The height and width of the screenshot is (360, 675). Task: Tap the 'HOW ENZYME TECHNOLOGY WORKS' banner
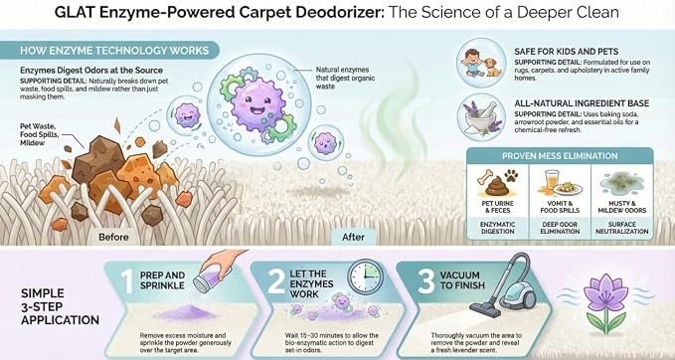109,51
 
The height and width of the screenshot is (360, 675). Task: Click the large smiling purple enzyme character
256,102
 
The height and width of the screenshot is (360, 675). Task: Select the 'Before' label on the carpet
113,237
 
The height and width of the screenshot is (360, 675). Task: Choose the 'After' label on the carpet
353,237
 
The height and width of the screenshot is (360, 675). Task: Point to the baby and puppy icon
481,64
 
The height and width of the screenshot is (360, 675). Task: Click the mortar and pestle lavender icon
481,116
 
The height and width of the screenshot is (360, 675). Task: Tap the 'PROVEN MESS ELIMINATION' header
560,156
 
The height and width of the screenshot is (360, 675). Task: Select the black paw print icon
511,175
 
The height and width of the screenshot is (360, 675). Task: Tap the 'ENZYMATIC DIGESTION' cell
497,228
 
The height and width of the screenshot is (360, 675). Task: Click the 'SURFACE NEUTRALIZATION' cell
621,228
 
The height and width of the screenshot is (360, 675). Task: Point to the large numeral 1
126,280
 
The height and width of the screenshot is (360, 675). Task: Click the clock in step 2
365,276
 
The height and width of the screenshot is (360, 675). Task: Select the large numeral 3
426,280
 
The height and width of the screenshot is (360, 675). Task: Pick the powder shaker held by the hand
207,277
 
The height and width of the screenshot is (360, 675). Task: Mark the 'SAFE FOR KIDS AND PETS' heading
566,52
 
